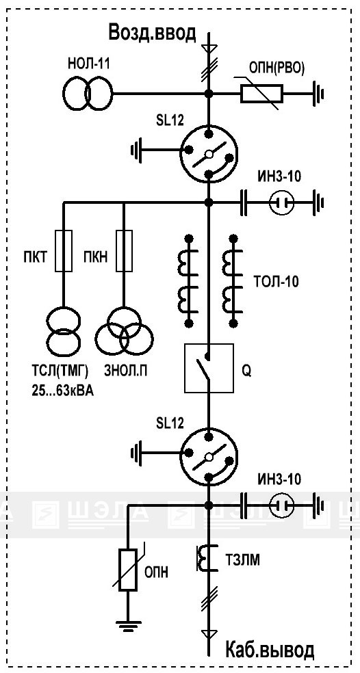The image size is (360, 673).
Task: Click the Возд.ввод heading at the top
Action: pyautogui.click(x=153, y=32)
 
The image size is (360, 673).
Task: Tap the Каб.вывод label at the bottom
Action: pyautogui.click(x=270, y=650)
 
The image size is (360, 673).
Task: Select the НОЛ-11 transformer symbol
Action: pyautogui.click(x=88, y=93)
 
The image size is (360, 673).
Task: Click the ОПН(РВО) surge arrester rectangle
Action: pyautogui.click(x=261, y=93)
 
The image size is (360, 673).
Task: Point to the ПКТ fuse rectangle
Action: pyautogui.click(x=63, y=250)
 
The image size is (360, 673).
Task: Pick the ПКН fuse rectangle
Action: pyautogui.click(x=124, y=250)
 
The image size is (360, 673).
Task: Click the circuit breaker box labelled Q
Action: pyautogui.click(x=209, y=368)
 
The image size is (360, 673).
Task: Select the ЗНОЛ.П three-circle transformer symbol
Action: pyautogui.click(x=124, y=330)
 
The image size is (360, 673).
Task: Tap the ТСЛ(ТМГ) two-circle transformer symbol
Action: pyautogui.click(x=63, y=330)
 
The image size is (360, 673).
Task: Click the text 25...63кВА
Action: pyautogui.click(x=62, y=390)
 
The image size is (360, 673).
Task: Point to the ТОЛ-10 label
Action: pyautogui.click(x=276, y=282)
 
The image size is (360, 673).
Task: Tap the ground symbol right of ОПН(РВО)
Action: pyautogui.click(x=318, y=93)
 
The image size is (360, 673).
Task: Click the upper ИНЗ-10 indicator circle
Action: pyautogui.click(x=282, y=202)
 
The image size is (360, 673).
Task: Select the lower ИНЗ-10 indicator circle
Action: pyautogui.click(x=282, y=504)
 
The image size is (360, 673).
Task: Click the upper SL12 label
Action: pyautogui.click(x=170, y=120)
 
